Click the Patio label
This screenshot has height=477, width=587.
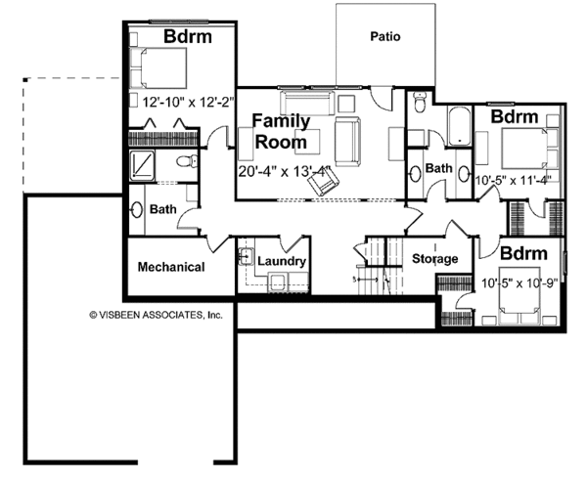[x=385, y=37]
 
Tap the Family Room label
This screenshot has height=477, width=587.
[x=281, y=131]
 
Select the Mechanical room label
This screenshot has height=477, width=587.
[x=171, y=267]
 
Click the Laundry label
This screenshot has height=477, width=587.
[x=282, y=261]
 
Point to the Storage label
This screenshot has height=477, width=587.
[x=434, y=258]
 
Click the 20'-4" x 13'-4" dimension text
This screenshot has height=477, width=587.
[x=286, y=171]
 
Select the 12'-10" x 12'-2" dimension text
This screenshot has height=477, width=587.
[x=188, y=102]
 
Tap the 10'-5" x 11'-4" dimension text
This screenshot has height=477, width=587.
[x=512, y=180]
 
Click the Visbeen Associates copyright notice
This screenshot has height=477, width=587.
[x=156, y=315]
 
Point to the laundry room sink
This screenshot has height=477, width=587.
[x=246, y=256]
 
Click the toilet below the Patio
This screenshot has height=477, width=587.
[x=419, y=102]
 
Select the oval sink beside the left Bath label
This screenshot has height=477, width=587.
[x=137, y=210]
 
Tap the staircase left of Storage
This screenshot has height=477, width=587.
[x=380, y=266]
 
